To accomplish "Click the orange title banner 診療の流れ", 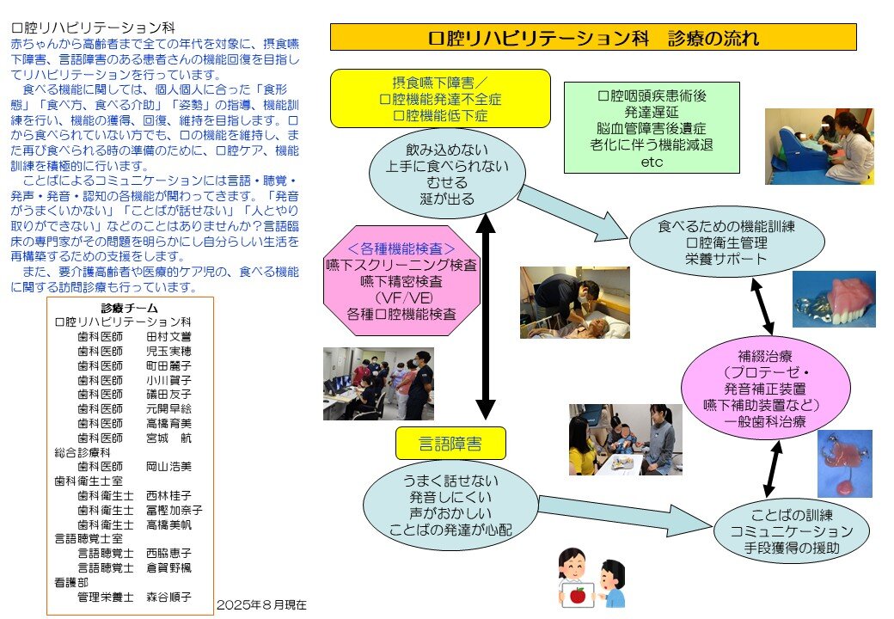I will point(593,38).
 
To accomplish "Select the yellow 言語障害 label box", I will point(450,444).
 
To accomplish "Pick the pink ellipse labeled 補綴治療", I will point(765,388).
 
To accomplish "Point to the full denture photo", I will point(833,299).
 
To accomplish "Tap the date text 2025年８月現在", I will point(261,604).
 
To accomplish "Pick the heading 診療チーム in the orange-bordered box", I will point(130,309).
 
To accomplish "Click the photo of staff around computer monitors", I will point(378,383).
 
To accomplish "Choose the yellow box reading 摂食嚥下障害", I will point(439,98).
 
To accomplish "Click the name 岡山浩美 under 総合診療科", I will point(168,466).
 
